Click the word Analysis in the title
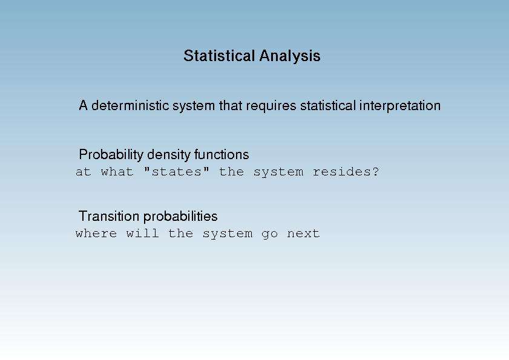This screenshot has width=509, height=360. click(290, 56)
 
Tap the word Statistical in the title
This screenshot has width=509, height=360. click(219, 56)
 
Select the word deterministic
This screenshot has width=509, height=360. click(130, 105)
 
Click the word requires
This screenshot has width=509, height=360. click(271, 106)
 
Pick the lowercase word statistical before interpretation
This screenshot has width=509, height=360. click(328, 105)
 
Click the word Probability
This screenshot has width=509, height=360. click(111, 155)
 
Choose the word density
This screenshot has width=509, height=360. click(168, 155)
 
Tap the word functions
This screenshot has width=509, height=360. click(222, 154)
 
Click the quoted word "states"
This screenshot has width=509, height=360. click(176, 171)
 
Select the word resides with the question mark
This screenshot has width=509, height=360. click(346, 171)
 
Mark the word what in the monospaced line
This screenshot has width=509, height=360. click(117, 171)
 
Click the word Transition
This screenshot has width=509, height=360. click(109, 216)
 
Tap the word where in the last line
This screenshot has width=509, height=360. click(96, 234)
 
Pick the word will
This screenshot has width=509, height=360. click(142, 234)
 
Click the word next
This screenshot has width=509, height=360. click(303, 234)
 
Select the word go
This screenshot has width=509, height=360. click(269, 234)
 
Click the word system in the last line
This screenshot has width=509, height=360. click(227, 234)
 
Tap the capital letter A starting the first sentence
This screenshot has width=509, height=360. click(83, 105)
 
